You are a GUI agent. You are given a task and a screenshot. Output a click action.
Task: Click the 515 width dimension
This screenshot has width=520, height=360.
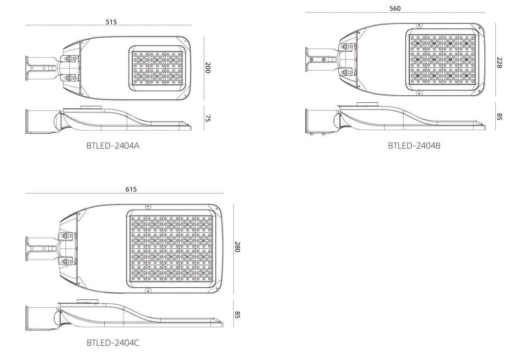tap(111, 22)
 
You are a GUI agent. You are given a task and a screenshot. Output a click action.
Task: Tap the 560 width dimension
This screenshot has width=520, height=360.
tap(395, 9)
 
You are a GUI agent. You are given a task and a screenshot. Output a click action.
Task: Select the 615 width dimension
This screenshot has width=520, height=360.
tap(131, 189)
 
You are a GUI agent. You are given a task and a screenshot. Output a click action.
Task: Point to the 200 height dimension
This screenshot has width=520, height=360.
tap(208, 68)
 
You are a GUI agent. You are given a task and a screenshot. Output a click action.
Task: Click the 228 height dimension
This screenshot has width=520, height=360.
tap(499, 63)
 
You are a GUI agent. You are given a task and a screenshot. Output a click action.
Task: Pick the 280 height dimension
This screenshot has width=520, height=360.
tap(237, 247)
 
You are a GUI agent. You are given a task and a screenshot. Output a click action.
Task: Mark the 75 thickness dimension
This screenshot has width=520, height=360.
tap(208, 118)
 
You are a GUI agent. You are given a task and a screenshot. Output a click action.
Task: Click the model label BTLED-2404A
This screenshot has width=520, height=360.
tap(113, 146)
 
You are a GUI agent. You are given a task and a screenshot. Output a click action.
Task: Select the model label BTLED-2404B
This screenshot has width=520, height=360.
tap(414, 146)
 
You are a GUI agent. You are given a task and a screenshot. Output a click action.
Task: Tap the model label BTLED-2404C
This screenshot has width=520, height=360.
tap(113, 343)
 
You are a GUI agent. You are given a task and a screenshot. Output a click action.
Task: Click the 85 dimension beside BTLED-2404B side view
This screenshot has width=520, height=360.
tap(499, 117)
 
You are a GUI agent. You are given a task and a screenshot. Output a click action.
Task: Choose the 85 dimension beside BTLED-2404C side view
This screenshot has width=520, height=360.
tap(237, 315)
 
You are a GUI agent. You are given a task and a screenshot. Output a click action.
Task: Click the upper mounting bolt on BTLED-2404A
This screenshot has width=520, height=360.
tap(69, 58)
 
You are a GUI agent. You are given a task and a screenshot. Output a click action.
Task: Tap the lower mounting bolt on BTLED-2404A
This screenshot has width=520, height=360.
tap(69, 78)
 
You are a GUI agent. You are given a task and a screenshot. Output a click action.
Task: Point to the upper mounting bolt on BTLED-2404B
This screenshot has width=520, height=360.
tap(346, 47)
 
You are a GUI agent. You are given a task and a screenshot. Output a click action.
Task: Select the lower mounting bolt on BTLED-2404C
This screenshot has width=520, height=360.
tap(66, 261)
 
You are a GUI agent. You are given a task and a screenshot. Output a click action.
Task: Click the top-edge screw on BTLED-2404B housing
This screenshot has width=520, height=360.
tap(419, 25)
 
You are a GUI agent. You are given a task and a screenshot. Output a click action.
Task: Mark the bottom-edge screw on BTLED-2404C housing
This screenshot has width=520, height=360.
tap(147, 290)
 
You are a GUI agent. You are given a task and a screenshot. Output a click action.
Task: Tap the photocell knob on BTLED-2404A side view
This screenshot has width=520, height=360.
tap(91, 107)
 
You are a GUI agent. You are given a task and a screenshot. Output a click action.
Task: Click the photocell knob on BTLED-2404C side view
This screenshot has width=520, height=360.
tap(88, 301)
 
